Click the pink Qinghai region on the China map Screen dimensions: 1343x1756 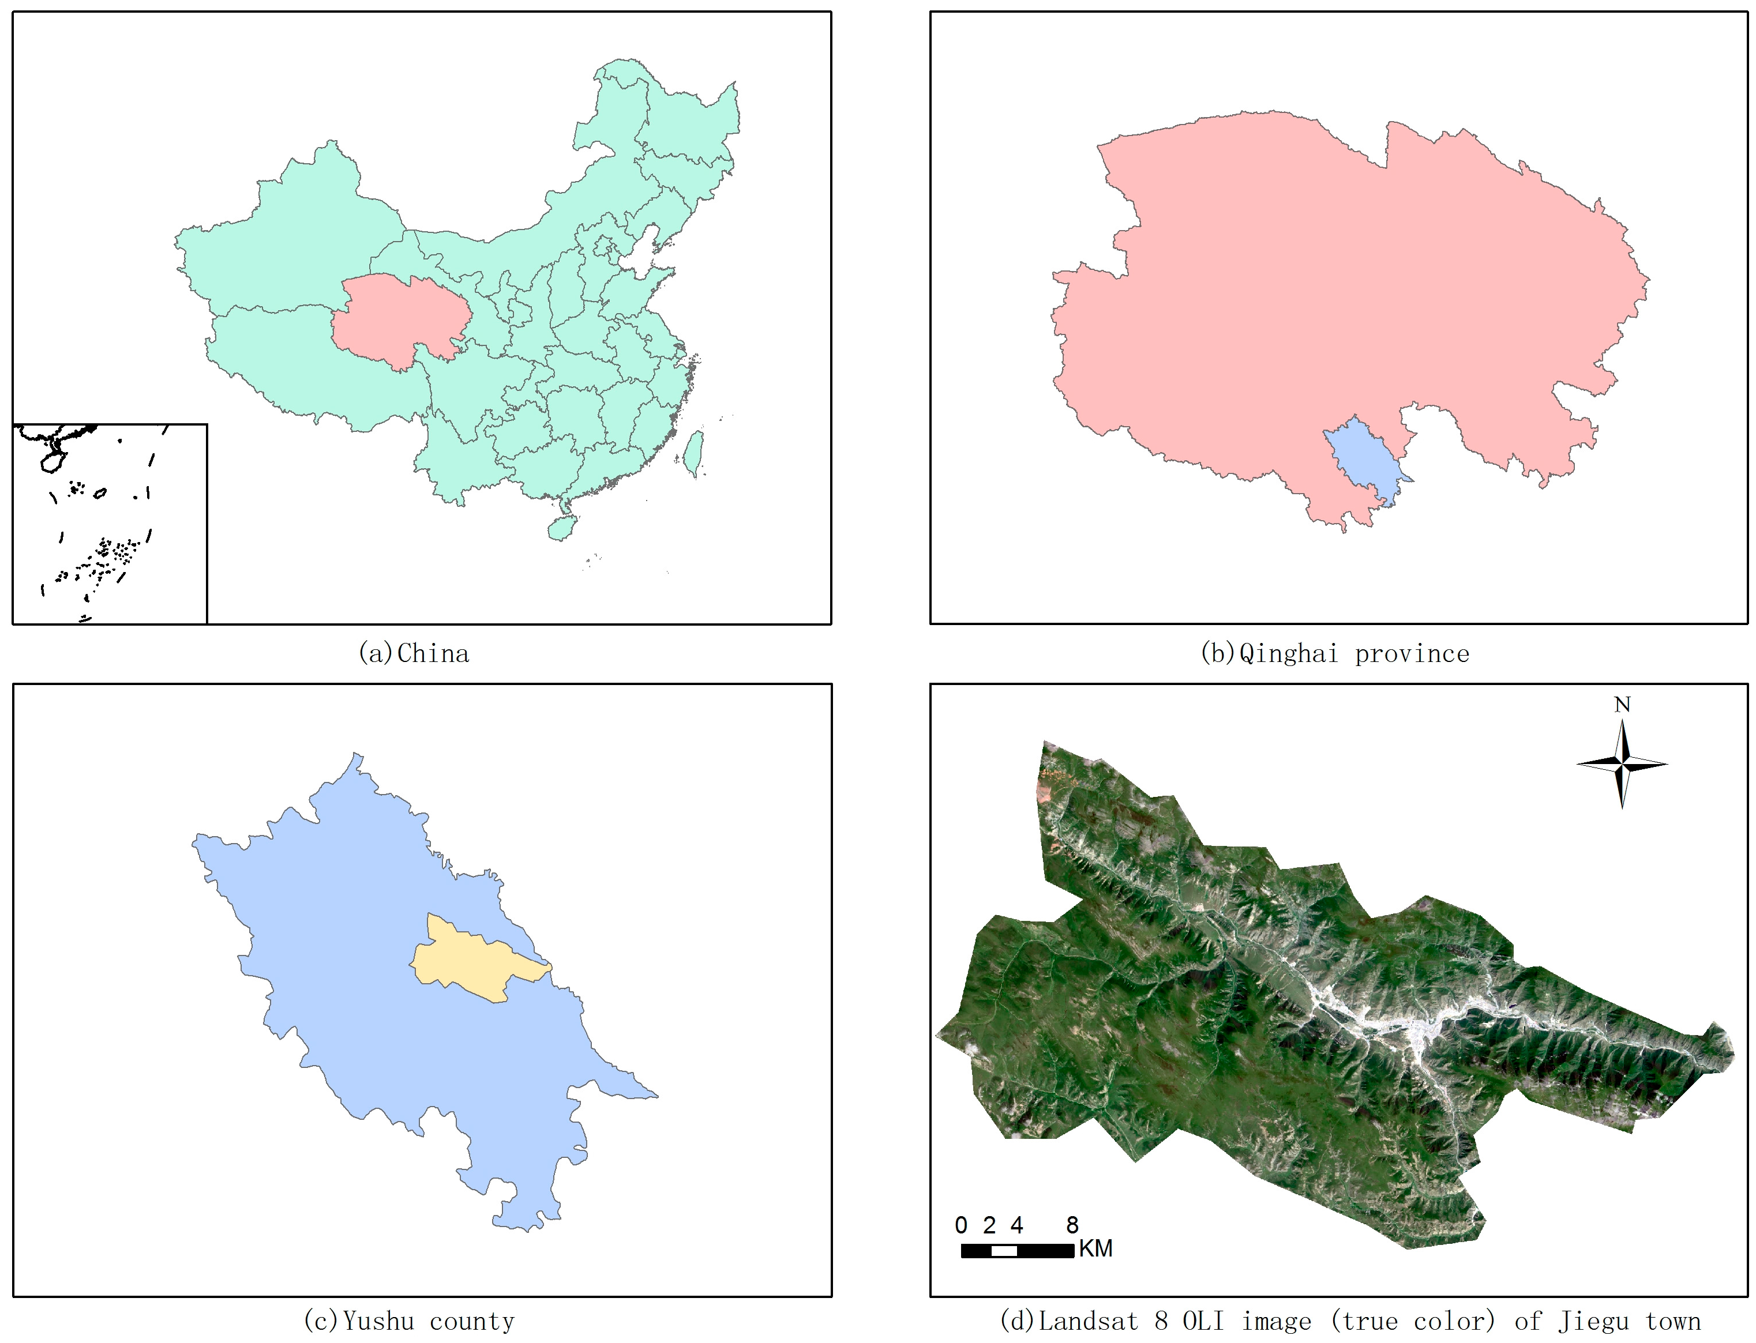396,320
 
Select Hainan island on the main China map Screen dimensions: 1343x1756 561,528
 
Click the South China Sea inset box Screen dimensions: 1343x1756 110,524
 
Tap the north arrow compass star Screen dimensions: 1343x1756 1622,764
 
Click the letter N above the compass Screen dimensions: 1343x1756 1622,704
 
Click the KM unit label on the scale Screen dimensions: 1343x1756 1095,1248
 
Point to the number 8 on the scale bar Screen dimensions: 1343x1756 1072,1225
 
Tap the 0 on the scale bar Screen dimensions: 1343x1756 961,1225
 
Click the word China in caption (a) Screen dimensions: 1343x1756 433,654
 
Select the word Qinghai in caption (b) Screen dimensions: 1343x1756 1288,654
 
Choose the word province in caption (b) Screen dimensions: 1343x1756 1412,654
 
